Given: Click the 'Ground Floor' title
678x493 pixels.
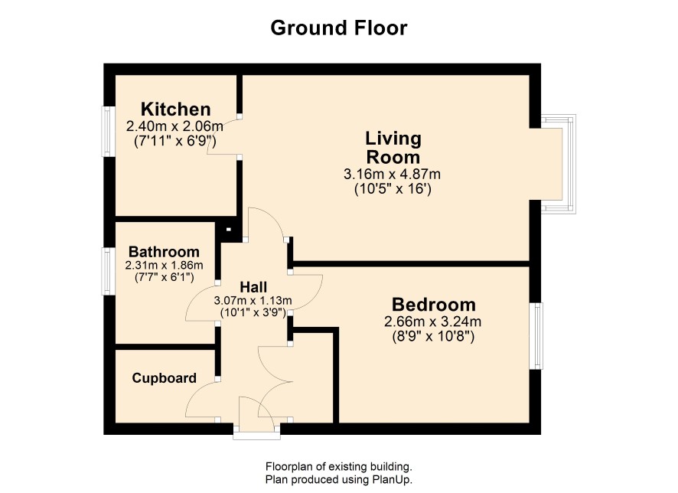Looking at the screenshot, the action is [x=338, y=28].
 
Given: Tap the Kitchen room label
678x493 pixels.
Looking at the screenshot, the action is [x=175, y=109].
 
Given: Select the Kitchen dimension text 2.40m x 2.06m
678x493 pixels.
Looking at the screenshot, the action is [x=174, y=126].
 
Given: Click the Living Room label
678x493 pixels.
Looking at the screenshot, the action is [x=393, y=148].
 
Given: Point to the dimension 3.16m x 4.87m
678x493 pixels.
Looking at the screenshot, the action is [x=393, y=175].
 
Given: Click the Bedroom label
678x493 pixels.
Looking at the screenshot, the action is [x=434, y=305].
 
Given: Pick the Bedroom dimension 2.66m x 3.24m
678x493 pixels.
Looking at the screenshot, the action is [x=433, y=322].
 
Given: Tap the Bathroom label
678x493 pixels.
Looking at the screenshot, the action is [x=164, y=252].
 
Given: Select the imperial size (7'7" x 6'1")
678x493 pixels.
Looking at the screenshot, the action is [x=165, y=277].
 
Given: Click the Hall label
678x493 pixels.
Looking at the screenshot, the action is [x=253, y=287].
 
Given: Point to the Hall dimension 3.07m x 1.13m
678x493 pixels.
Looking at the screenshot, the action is [x=253, y=301].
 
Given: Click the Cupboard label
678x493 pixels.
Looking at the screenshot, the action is [x=165, y=378].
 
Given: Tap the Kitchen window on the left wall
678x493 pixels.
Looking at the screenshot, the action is [x=108, y=132].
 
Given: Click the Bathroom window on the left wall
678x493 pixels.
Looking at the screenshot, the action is [x=108, y=271].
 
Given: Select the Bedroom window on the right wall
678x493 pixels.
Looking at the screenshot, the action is [x=536, y=336].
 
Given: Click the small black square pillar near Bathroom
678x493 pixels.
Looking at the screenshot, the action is [x=228, y=230].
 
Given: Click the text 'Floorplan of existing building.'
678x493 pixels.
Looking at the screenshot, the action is [x=338, y=467].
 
